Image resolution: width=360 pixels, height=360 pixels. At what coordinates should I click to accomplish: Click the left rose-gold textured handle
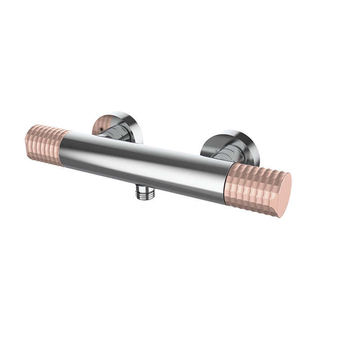(47, 144)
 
